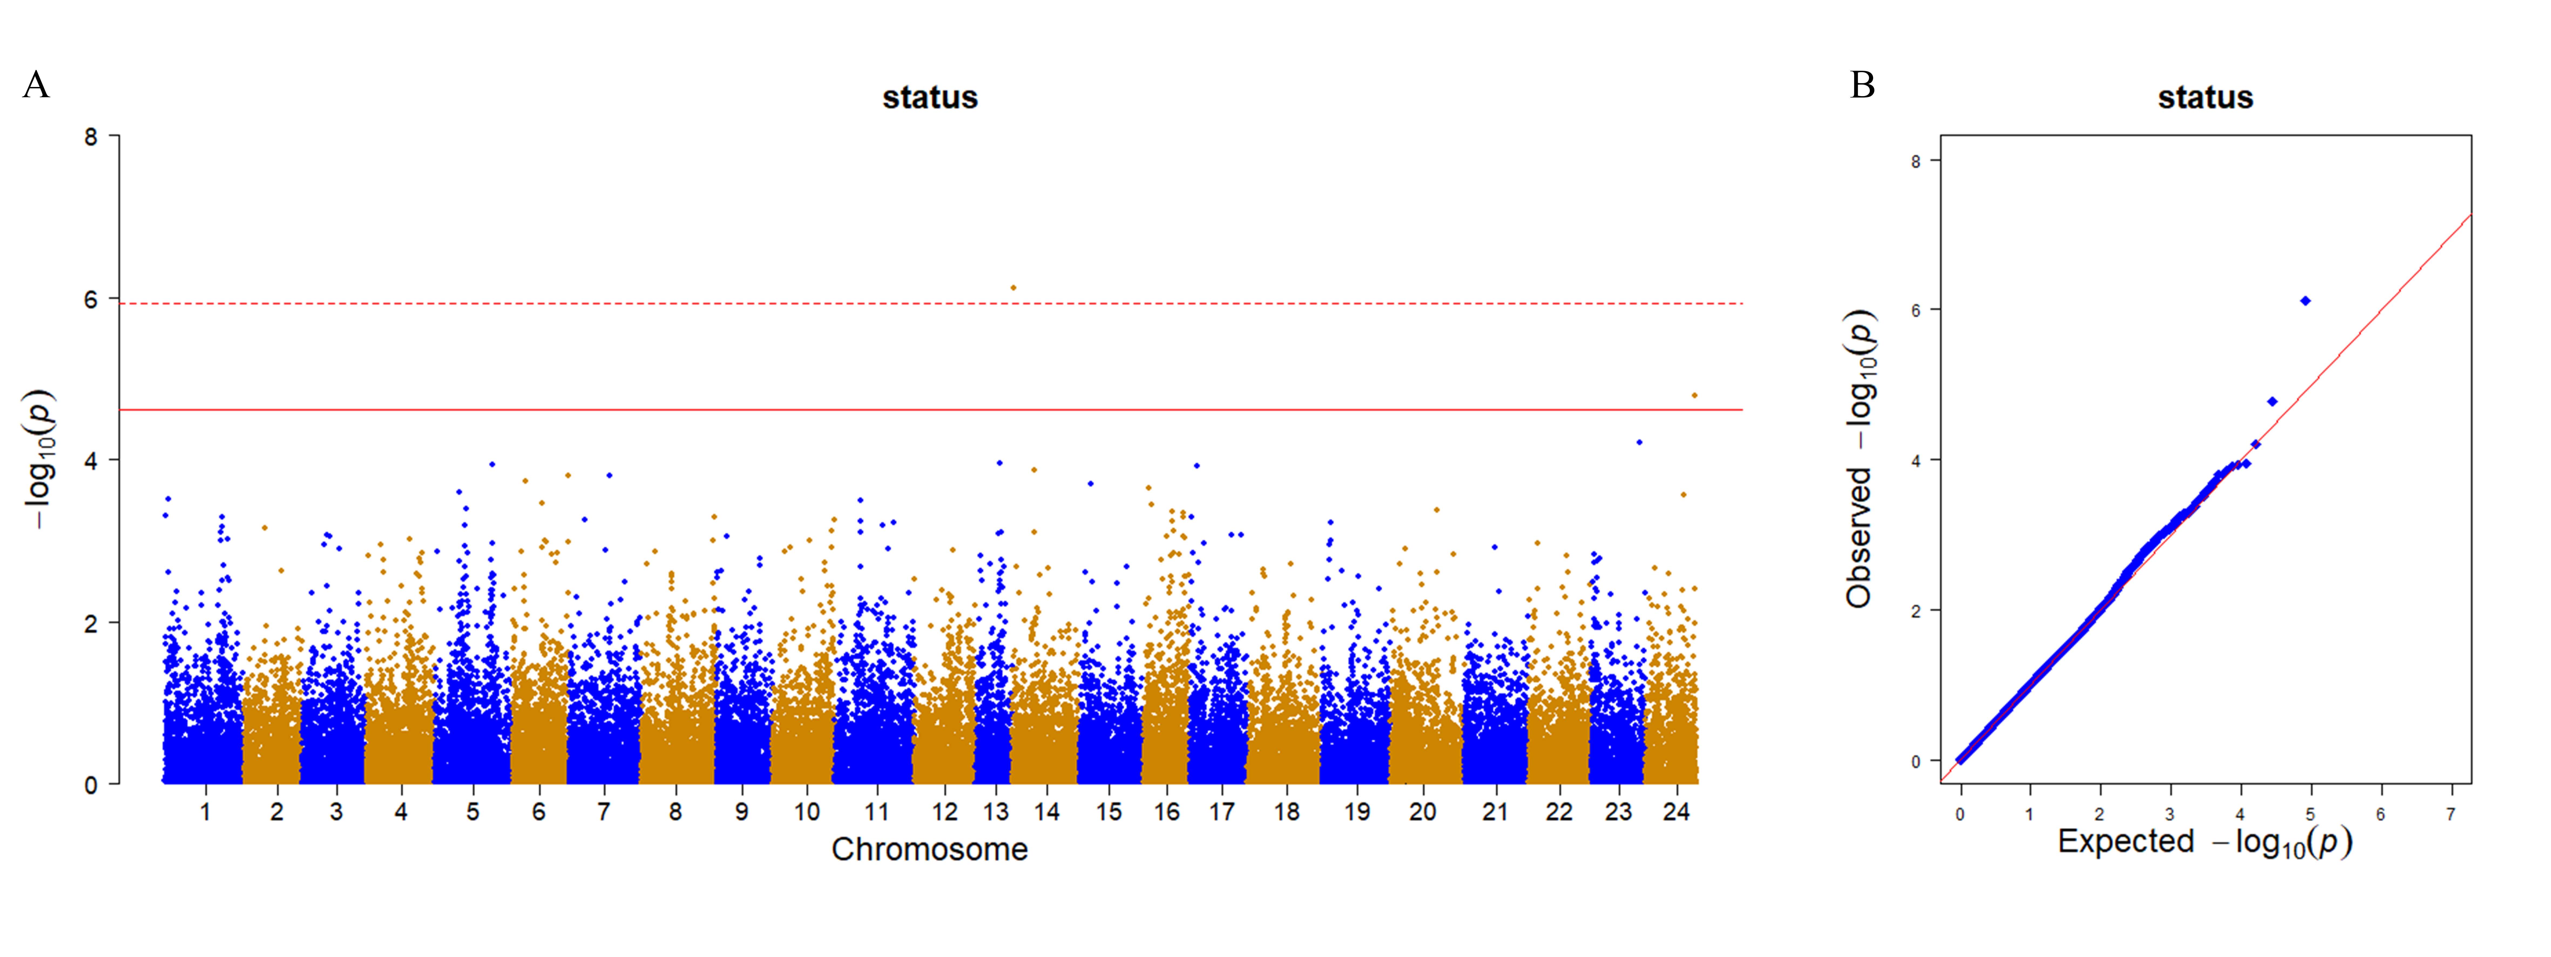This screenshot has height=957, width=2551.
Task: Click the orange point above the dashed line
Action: [x=1013, y=287]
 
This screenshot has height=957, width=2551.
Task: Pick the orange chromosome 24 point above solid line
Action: [x=1694, y=395]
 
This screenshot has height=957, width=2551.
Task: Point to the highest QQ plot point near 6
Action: [x=2305, y=300]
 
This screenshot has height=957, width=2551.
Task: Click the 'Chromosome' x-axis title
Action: [x=930, y=849]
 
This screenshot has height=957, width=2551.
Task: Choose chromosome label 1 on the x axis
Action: [x=205, y=812]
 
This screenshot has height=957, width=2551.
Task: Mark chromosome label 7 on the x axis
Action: [x=603, y=812]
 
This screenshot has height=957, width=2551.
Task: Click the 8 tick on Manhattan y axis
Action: [x=91, y=137]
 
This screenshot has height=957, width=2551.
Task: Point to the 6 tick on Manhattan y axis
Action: [x=91, y=299]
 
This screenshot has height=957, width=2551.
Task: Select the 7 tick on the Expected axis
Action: [x=2451, y=814]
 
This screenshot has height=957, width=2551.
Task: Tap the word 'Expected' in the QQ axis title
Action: [x=2126, y=841]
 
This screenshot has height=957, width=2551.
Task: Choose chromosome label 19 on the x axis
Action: [x=1357, y=812]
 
